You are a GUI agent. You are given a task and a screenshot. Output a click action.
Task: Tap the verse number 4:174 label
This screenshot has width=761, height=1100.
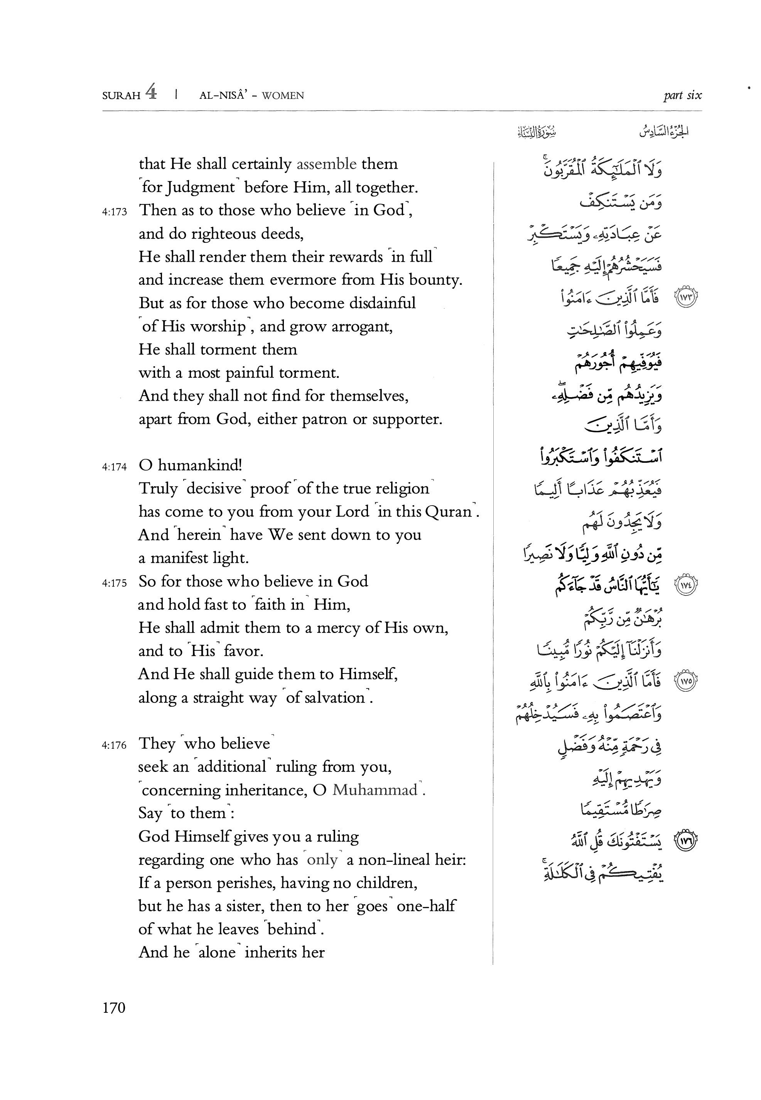115,467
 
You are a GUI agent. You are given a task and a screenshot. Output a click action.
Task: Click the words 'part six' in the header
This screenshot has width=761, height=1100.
682,95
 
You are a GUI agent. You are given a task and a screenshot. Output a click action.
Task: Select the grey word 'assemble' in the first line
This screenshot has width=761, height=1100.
326,164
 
